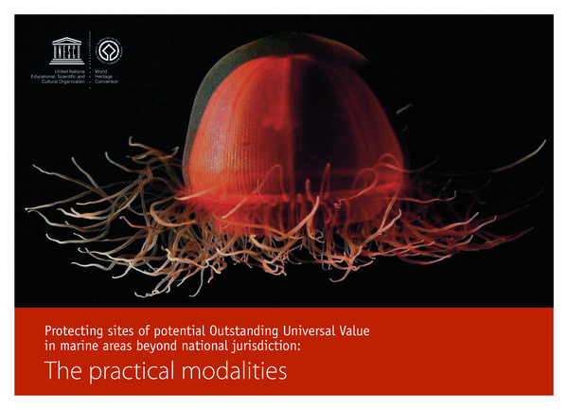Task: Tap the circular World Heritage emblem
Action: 112,49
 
